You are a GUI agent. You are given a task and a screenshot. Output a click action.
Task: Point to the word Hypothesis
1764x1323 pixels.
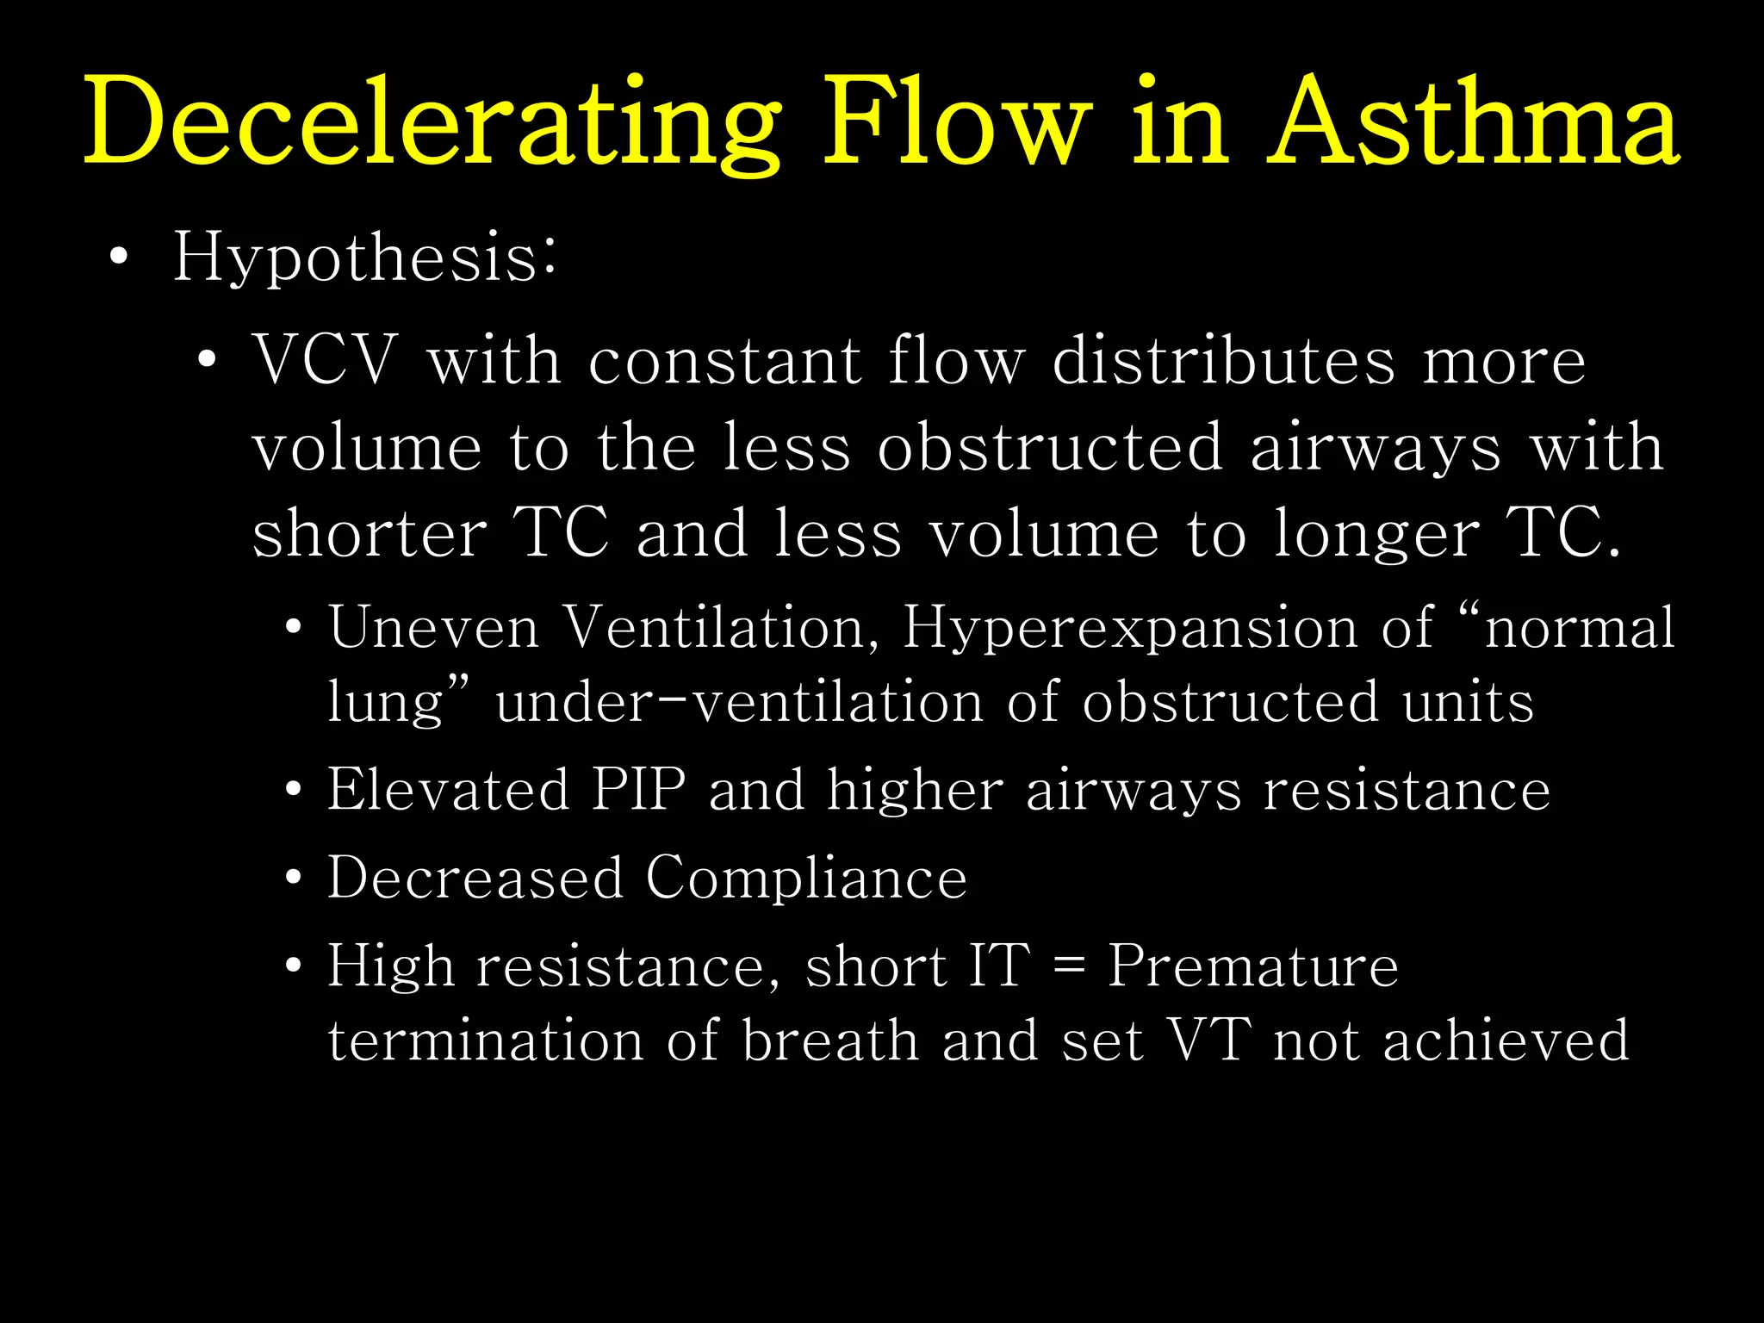point(365,258)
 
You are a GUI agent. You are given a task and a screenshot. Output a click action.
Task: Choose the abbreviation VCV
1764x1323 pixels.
point(325,360)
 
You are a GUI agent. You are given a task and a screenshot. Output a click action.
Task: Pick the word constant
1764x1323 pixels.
point(724,360)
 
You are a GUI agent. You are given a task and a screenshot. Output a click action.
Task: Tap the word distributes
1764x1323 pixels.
point(1223,360)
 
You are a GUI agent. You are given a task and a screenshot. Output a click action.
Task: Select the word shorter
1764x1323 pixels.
point(370,533)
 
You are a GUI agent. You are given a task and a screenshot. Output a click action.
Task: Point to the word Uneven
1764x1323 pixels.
point(433,627)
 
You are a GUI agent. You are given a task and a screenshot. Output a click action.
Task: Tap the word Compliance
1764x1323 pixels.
point(806,878)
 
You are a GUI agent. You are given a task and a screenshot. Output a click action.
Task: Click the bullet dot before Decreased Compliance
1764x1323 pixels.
point(294,879)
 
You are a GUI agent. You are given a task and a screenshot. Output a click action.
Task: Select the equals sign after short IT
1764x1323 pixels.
point(1069,966)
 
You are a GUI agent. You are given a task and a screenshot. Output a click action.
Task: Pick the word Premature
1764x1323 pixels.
point(1253,966)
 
